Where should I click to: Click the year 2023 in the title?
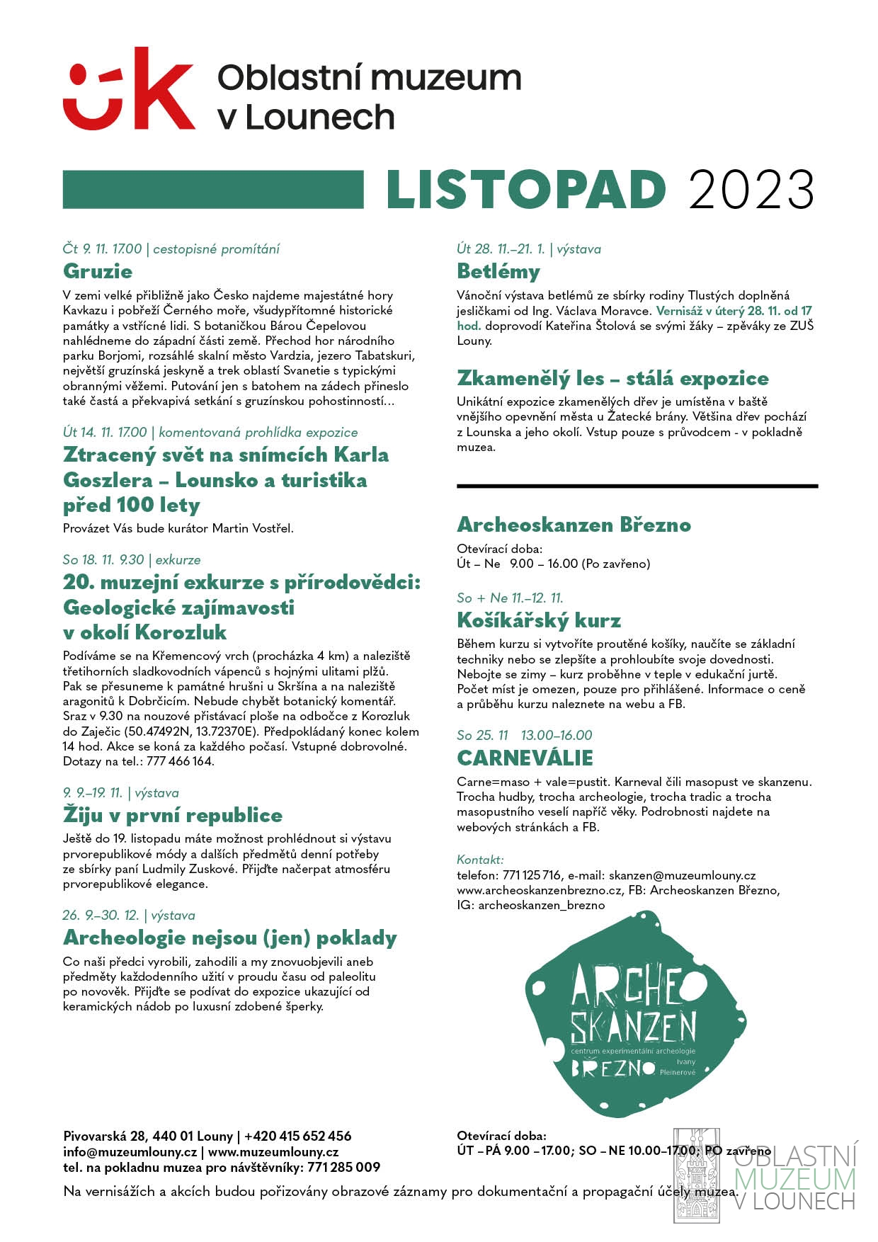751,190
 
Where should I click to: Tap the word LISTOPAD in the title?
526,190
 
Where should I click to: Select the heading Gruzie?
98,271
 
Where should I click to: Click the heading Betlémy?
498,271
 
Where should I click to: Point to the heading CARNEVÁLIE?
525,758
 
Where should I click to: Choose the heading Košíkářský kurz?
539,620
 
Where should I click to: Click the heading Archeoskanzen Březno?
574,525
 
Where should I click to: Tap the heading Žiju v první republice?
172,815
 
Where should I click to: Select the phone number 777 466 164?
180,761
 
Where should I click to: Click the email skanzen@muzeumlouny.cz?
682,875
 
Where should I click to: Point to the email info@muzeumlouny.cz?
130,1151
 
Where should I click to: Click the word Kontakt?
480,860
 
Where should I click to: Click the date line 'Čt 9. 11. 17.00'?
102,249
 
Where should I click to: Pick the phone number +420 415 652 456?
297,1136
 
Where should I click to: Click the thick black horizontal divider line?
637,486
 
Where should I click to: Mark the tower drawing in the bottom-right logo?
695,1175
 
